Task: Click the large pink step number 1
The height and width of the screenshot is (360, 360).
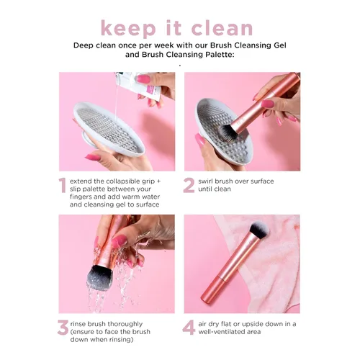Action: [x=63, y=186]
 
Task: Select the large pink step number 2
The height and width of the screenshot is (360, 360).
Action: [x=189, y=186]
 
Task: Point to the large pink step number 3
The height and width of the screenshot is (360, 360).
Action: [x=63, y=328]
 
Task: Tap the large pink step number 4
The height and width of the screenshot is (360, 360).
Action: [x=189, y=328]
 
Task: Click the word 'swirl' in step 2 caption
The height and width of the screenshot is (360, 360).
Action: [x=210, y=181]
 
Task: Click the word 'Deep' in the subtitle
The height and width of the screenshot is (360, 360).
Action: [x=86, y=45]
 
